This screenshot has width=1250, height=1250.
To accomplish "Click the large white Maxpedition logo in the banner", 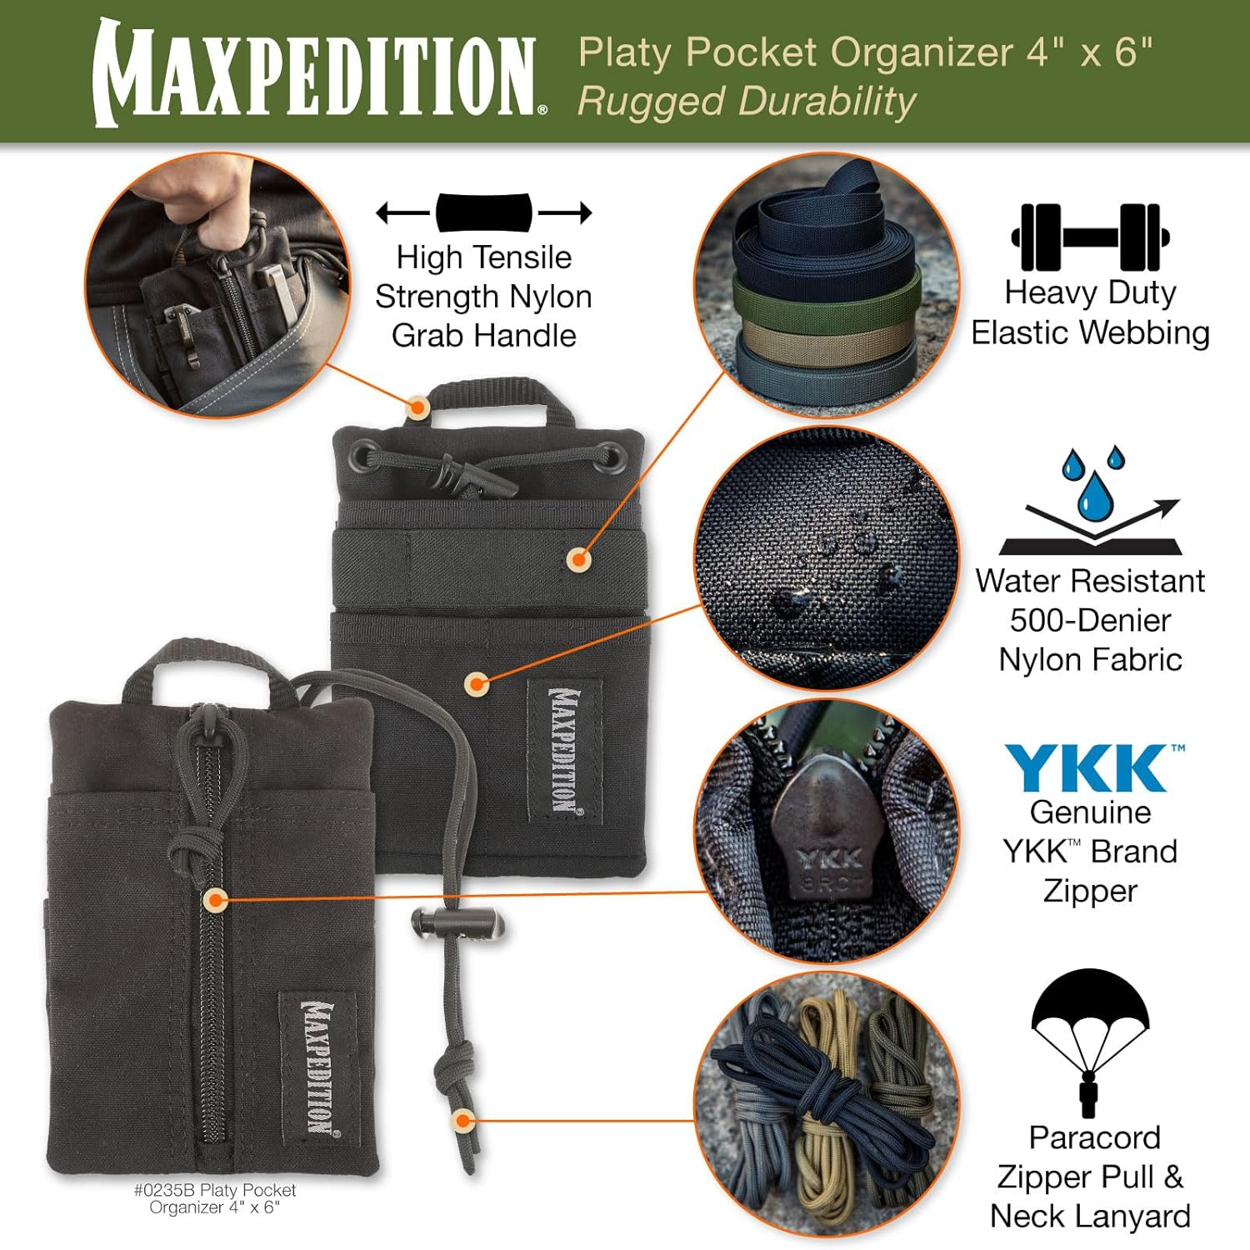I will point(317,73).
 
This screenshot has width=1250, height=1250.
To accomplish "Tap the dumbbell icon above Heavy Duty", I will point(1090,237).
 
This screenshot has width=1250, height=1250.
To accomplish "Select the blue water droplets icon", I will point(1092,483).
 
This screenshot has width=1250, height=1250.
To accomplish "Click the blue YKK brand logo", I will point(1090,767).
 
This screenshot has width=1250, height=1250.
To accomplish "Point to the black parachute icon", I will point(1090,1037).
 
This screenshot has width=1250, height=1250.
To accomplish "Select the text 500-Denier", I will point(1090,620).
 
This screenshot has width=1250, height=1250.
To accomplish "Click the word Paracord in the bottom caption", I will point(1094,1137).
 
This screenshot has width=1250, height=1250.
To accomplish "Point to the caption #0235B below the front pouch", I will point(165,1190).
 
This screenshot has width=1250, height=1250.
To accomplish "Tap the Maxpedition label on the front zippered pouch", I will point(317,1067).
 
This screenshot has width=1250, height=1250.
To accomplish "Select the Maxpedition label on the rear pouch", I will point(564,750).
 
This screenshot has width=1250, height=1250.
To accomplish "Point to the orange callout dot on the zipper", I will point(216,900).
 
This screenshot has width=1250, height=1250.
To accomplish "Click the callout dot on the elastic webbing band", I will point(578,558).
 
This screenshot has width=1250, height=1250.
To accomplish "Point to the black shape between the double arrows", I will point(484,212).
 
